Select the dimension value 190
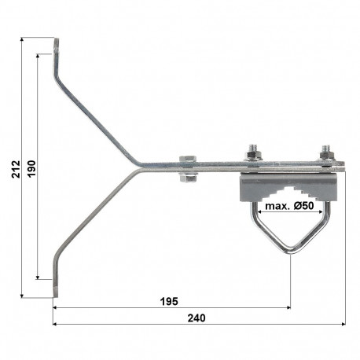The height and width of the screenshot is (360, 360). click(31, 167)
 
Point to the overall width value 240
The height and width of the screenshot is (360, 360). click(199, 318)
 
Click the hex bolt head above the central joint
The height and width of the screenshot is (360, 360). click(188, 160)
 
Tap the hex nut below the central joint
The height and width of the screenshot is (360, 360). click(188, 177)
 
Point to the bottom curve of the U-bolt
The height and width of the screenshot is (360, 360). click(288, 250)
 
